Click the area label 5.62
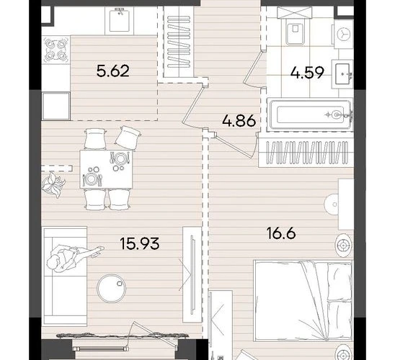113,71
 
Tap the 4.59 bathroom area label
307,73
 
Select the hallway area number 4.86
239,120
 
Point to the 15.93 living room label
140,244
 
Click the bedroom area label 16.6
281,233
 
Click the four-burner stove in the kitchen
56,50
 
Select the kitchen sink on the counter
120,19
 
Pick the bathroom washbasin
343,74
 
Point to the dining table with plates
106,168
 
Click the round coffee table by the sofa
112,288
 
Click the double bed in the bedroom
303,301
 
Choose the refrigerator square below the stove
56,106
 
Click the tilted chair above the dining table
128,138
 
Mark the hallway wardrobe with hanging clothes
179,41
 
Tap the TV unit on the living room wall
192,274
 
